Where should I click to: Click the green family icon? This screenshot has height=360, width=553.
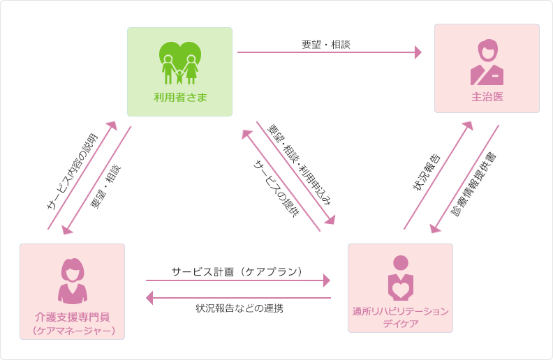pos(179,63)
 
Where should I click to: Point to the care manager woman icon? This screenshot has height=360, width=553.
pos(72,280)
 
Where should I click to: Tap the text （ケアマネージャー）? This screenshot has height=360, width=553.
pos(73,330)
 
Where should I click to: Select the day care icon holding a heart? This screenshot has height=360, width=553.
pos(400,278)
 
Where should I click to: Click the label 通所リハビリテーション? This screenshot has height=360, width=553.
pos(400,311)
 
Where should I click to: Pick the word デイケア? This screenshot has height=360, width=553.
pos(400,324)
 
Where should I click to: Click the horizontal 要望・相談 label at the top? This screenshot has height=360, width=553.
pos(325,44)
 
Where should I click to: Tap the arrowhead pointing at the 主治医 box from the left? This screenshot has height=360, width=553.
pos(418,52)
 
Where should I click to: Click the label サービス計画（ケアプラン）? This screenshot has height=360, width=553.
pos(237,271)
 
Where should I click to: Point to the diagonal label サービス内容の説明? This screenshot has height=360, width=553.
pos(72,171)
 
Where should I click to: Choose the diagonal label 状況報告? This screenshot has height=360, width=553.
pos(426,170)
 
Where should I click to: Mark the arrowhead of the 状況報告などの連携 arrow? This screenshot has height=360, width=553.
pos(149,298)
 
